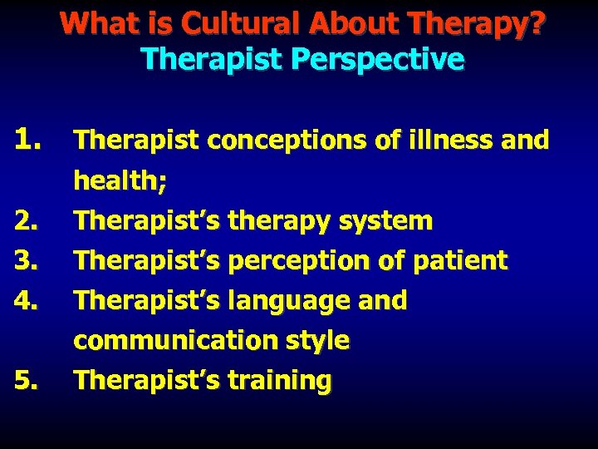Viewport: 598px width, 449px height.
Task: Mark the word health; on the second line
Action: point(115,180)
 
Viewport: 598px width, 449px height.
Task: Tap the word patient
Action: point(462,261)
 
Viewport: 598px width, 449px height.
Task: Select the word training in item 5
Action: point(279,381)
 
